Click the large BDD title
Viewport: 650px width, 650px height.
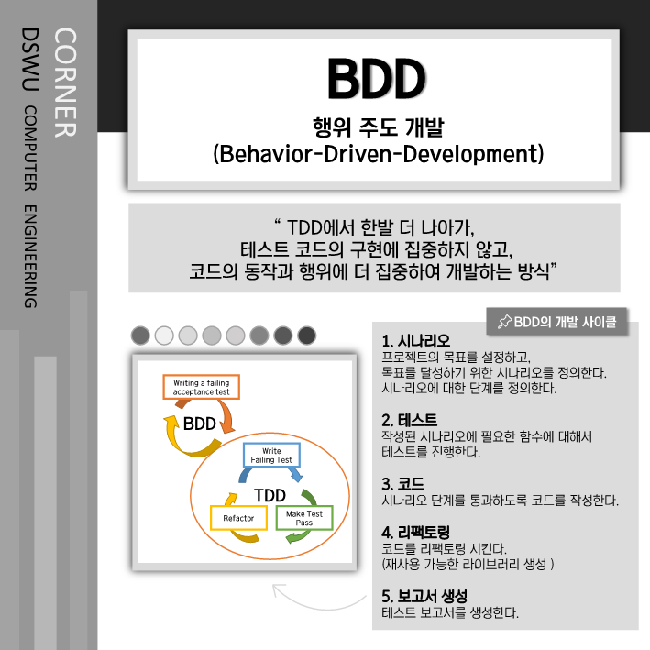pyautogui.click(x=376, y=81)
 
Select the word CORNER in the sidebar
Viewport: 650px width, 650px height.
pyautogui.click(x=65, y=83)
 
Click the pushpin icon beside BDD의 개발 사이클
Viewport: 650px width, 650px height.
pyautogui.click(x=503, y=322)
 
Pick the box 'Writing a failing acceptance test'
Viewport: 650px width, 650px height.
pyautogui.click(x=200, y=387)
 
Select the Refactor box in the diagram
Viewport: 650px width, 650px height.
pyautogui.click(x=237, y=518)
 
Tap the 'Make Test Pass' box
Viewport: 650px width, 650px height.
pyautogui.click(x=304, y=518)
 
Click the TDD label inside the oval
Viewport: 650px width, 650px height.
pyautogui.click(x=270, y=495)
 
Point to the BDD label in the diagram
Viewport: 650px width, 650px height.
pyautogui.click(x=199, y=424)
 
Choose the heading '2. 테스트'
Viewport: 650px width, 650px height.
pyautogui.click(x=409, y=420)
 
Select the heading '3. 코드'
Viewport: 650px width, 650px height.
pyautogui.click(x=402, y=483)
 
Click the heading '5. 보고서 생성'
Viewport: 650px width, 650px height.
pyautogui.click(x=424, y=595)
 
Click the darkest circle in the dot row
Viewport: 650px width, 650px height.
pyautogui.click(x=307, y=336)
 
